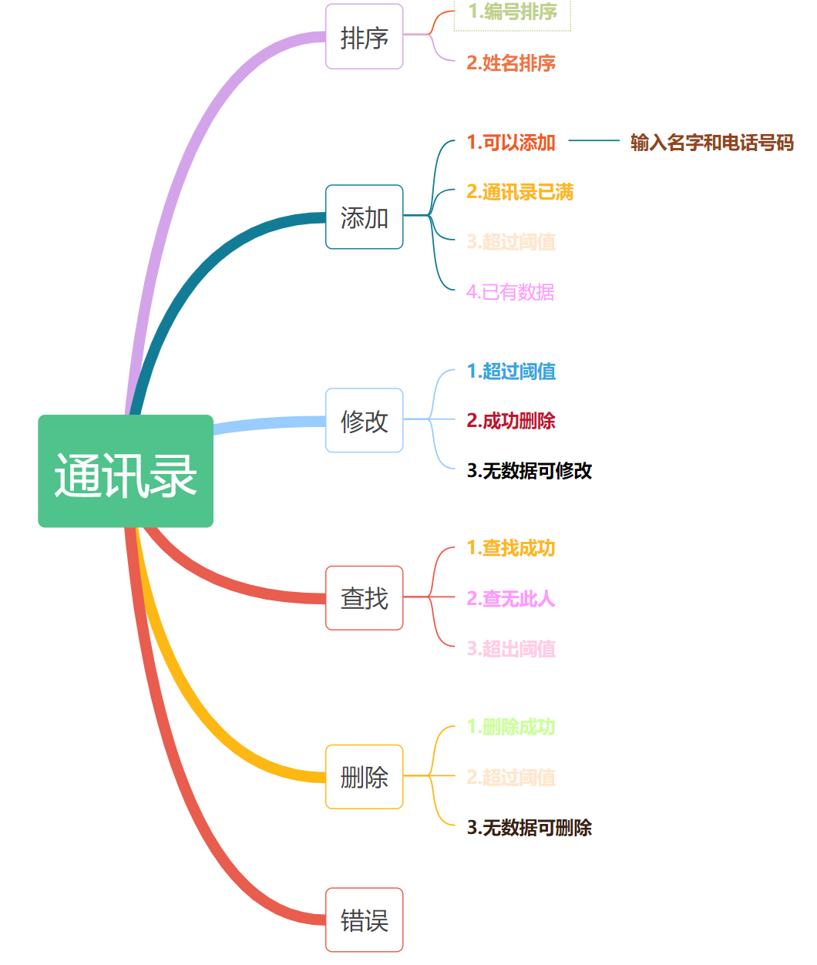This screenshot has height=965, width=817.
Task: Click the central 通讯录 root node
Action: point(126,471)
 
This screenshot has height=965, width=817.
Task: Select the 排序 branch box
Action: point(364,37)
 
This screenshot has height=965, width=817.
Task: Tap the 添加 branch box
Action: point(364,217)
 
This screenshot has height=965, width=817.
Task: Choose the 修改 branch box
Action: point(364,421)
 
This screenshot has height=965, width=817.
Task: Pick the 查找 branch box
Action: point(364,598)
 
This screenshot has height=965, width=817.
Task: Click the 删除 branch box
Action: point(364,777)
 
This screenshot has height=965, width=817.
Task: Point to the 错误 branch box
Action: point(364,920)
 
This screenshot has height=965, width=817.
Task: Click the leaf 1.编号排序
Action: point(513,12)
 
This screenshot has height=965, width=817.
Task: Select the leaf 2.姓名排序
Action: point(511,63)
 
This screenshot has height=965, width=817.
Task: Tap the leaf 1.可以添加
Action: point(511,143)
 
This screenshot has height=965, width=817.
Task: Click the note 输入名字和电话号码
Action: point(711,143)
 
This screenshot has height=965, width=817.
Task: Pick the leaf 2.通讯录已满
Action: point(520,192)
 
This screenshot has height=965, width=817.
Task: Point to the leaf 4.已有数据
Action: point(510,292)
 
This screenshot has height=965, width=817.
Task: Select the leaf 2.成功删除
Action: point(511,421)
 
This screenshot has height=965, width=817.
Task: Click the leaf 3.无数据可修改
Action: point(530,471)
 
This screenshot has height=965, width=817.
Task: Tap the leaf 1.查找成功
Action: point(511,548)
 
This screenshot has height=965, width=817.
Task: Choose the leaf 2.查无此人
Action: point(511,599)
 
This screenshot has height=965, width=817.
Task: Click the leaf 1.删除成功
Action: point(511,727)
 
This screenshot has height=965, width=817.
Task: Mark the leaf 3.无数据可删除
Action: point(530,828)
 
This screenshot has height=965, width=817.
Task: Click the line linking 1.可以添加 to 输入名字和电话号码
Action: point(593,141)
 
